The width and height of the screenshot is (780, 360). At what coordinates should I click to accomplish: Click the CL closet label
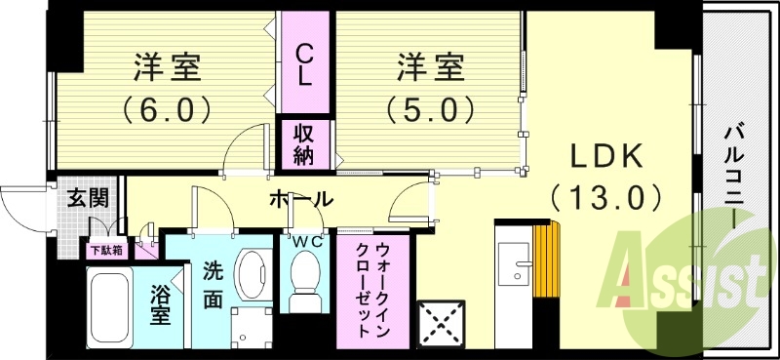coord(305,63)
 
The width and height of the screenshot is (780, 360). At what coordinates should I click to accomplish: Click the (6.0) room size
coord(167,107)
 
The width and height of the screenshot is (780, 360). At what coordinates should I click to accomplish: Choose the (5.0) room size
coord(430,107)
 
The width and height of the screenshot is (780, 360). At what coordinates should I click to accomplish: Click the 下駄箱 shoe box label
coord(106,250)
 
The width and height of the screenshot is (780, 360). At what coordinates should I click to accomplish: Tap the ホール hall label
coord(300,200)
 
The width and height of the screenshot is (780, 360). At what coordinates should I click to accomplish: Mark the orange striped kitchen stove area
coord(549,256)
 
